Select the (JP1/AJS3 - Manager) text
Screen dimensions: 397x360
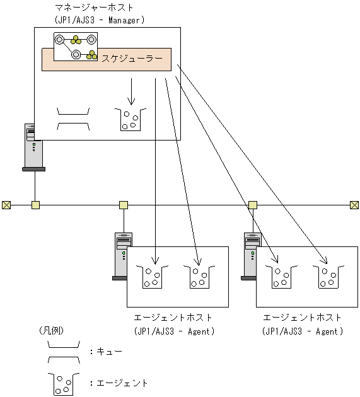coord(100,20)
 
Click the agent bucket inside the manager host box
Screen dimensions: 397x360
coord(131,118)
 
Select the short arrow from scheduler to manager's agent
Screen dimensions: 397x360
coord(132,91)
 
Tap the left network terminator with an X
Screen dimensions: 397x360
coord(6,205)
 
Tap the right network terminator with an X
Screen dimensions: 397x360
coord(354,205)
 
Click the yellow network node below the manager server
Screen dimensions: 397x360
coord(35,205)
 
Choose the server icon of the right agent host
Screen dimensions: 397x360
coord(252,255)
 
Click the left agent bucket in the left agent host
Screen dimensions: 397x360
coord(151,277)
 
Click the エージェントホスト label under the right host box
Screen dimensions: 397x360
coord(302,318)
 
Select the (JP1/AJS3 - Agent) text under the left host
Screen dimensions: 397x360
coord(174,331)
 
